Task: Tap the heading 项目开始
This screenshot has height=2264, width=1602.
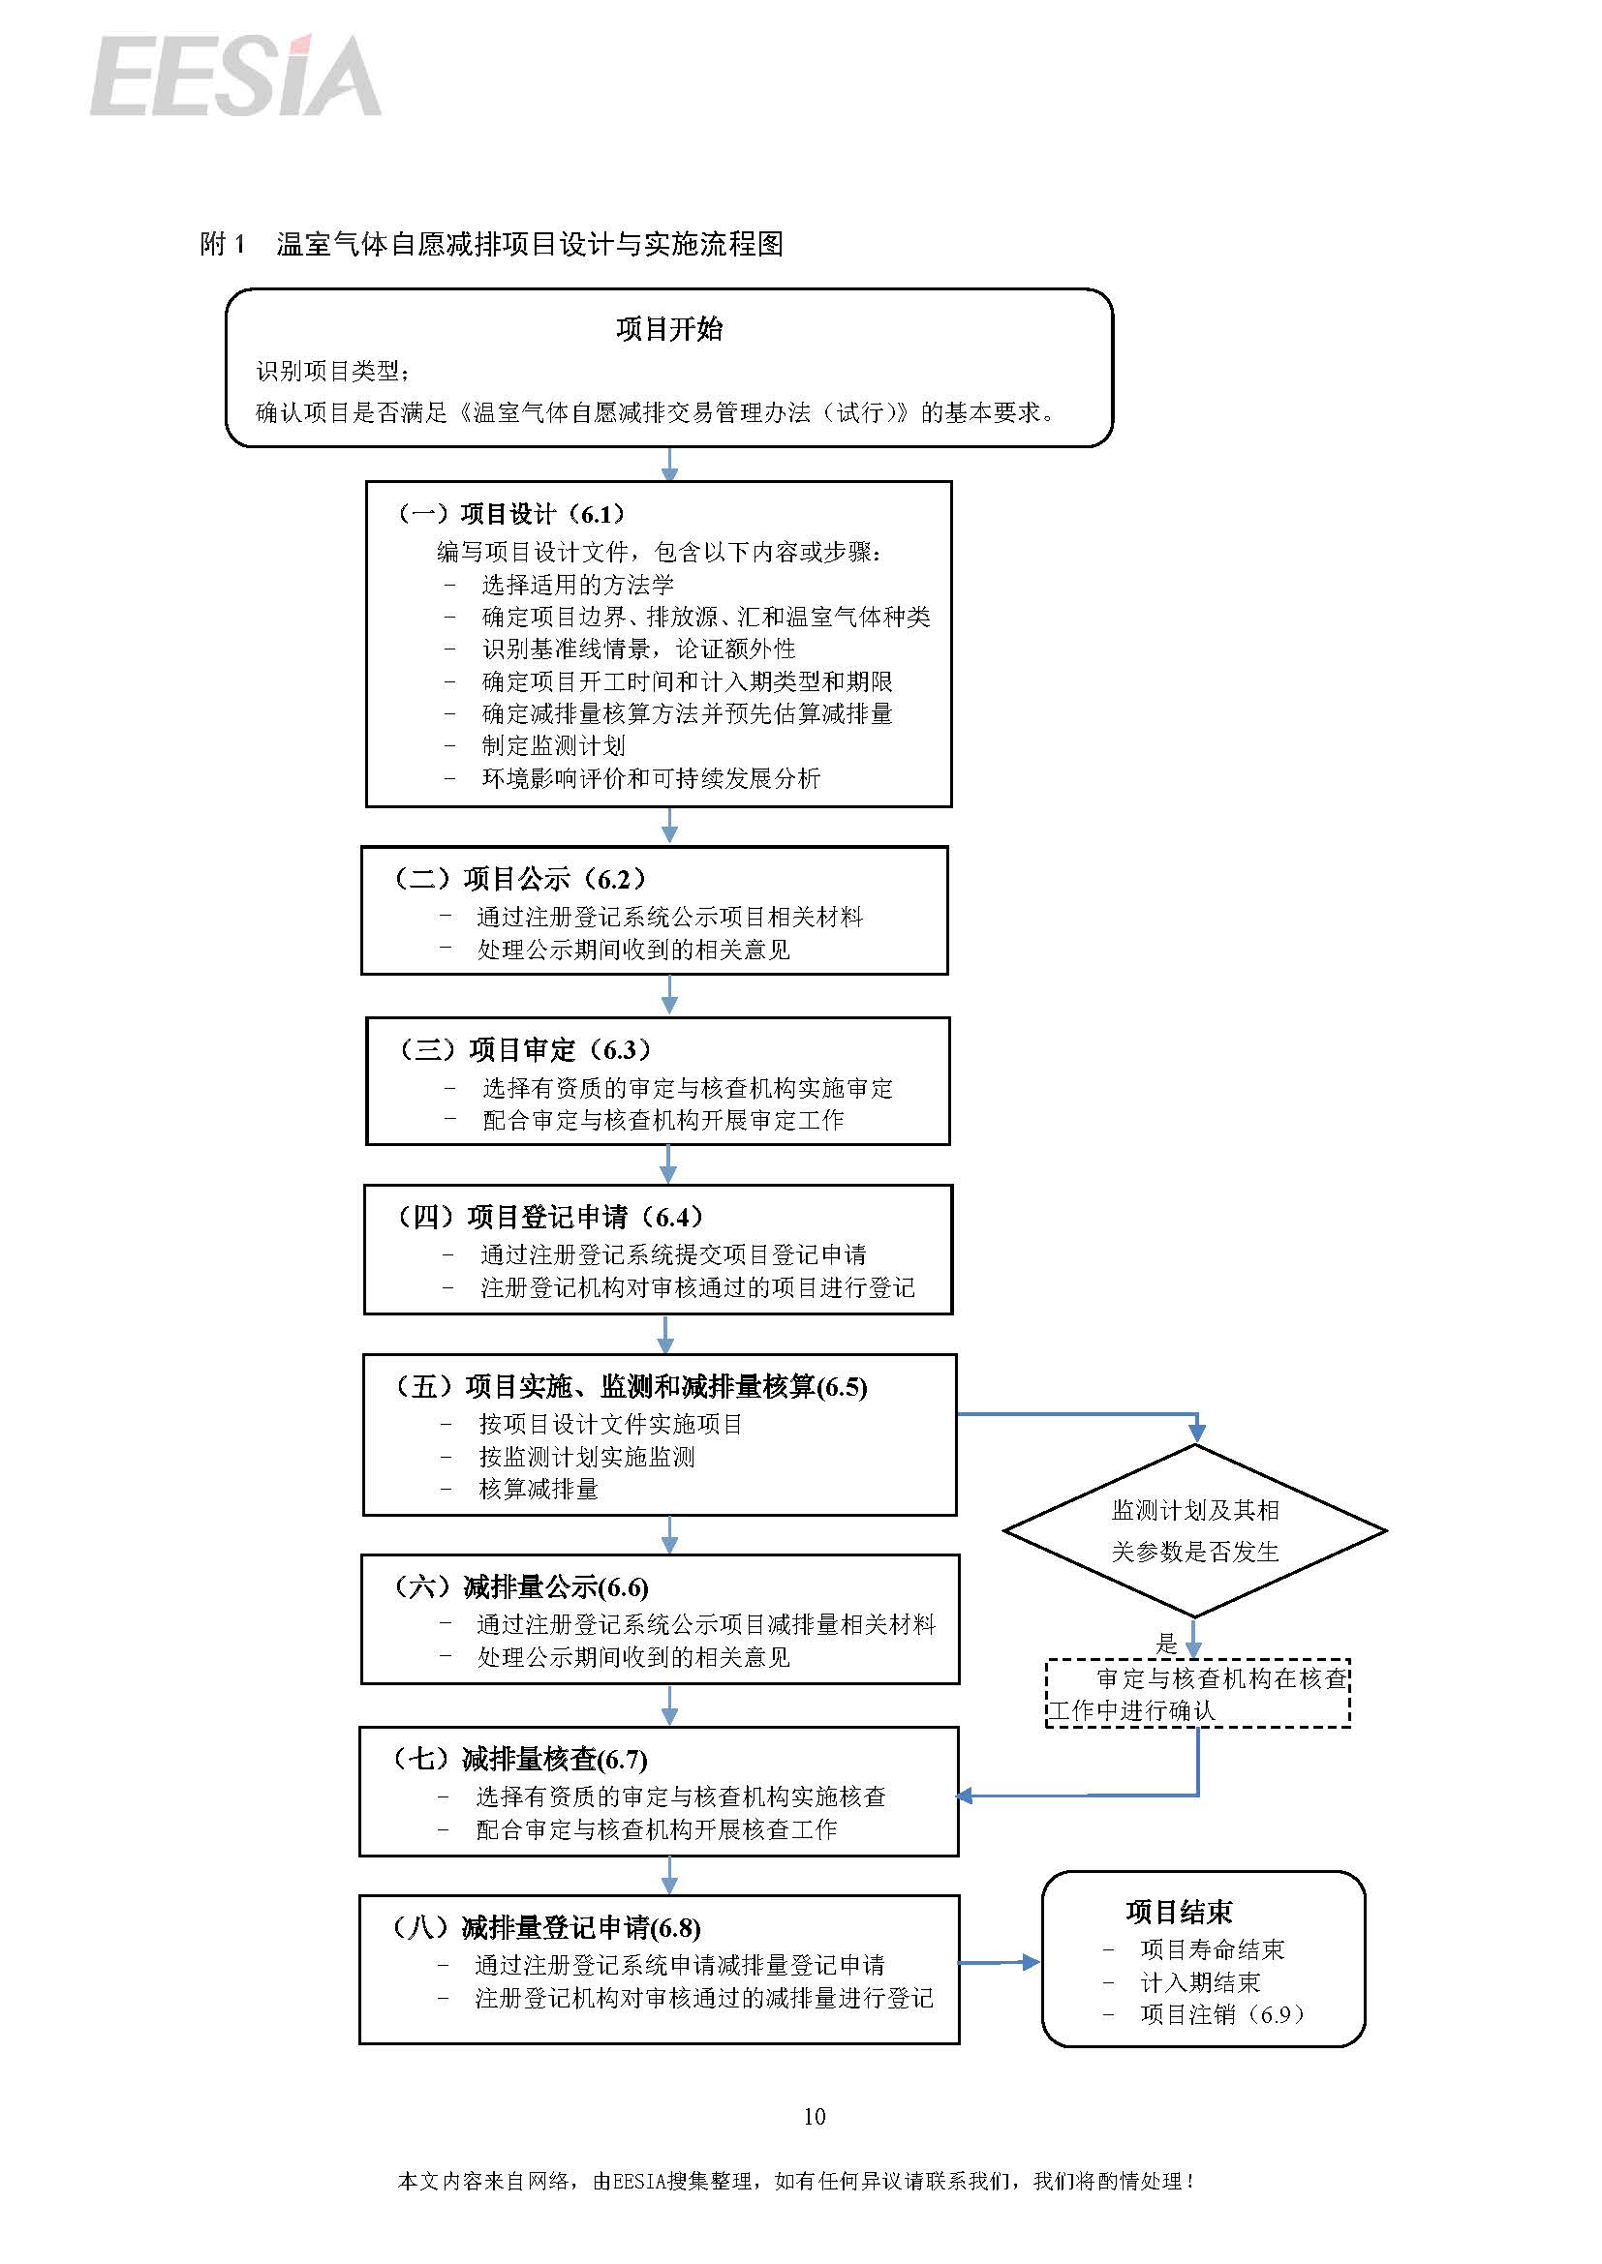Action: coord(669,328)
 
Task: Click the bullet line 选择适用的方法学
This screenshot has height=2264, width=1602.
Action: coord(577,585)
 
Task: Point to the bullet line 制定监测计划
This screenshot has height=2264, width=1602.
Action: coord(553,745)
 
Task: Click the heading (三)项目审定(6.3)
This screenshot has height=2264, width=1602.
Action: coord(524,1049)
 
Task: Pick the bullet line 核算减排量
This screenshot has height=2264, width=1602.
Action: coord(539,1489)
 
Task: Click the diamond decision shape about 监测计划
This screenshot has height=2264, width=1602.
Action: coord(1194,1531)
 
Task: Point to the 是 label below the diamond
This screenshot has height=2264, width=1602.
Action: coord(1167,1644)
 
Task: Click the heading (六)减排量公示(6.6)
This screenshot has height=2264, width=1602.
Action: coord(520,1587)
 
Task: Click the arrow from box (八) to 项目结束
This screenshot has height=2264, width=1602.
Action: coord(1000,1963)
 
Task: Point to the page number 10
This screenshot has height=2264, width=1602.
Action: coord(814,2116)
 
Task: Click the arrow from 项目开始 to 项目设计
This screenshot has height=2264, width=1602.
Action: coord(669,465)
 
